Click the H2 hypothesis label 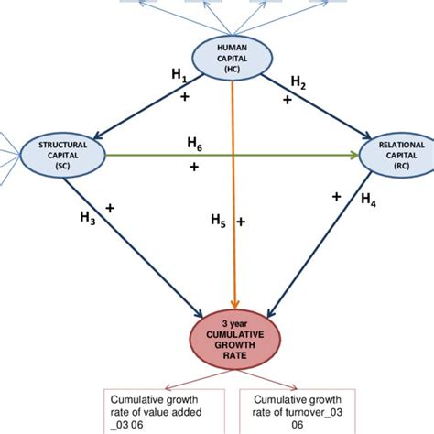(298, 82)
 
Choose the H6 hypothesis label (195, 144)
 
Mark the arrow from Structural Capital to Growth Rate (137, 238)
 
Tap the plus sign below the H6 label (194, 167)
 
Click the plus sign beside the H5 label (242, 222)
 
